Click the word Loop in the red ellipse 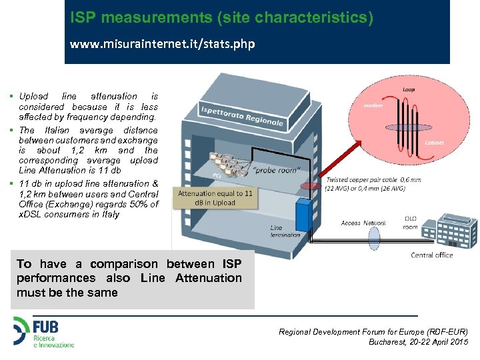tap(408, 89)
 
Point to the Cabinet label tap(434, 143)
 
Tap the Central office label tap(431, 255)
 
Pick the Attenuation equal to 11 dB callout tap(215, 197)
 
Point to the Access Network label tap(363, 223)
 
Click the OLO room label tap(411, 223)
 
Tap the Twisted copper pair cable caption tap(365, 184)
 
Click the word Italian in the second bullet tap(57, 131)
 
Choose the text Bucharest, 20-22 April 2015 tap(418, 341)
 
